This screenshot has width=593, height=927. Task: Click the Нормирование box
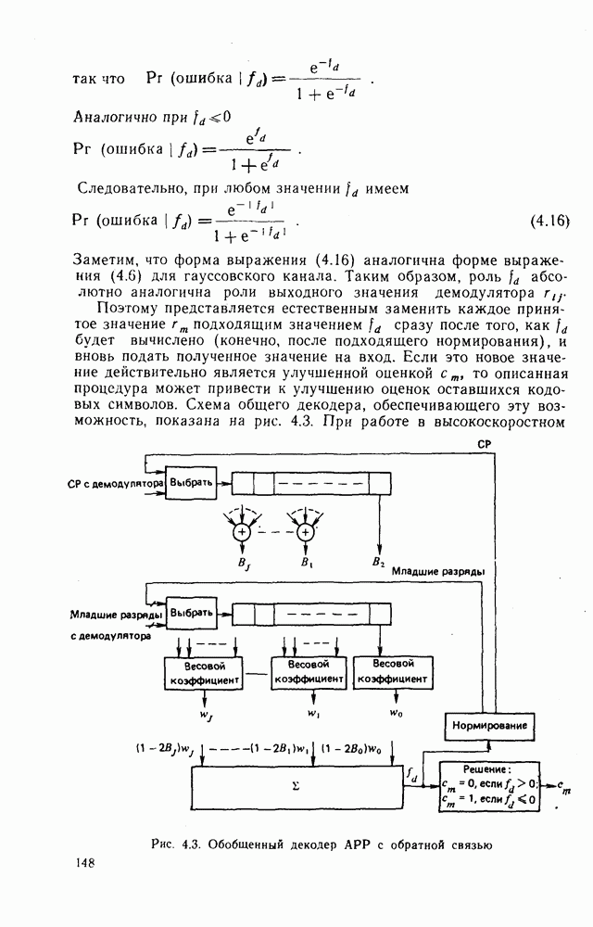tap(490, 726)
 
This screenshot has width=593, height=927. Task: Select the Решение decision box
tap(487, 787)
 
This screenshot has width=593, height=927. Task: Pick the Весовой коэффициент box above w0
tap(392, 672)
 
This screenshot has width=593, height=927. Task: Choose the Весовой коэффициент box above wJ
tap(203, 673)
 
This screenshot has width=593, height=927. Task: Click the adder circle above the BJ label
tap(242, 532)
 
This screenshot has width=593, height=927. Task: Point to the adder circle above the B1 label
tap(305, 532)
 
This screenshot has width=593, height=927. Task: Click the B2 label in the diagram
tap(378, 562)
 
